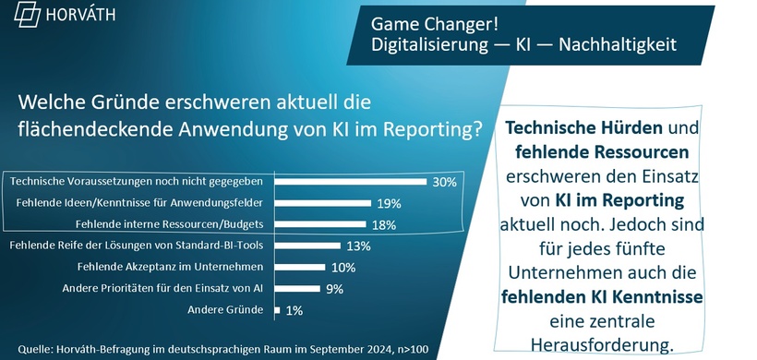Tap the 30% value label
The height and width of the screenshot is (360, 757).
click(445, 182)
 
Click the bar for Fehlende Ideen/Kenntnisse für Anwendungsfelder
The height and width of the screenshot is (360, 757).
click(324, 203)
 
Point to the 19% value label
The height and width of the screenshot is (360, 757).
click(387, 203)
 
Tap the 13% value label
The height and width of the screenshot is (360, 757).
click(357, 246)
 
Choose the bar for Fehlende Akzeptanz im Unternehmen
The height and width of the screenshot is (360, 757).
click(302, 268)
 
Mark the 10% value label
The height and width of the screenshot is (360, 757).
click(342, 268)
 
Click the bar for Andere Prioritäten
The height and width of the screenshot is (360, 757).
click(299, 289)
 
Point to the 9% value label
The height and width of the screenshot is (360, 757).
click(334, 289)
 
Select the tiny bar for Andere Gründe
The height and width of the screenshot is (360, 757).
click(279, 310)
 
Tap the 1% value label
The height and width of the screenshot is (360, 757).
click(294, 310)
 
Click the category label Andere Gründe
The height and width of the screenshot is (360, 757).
click(239, 310)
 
